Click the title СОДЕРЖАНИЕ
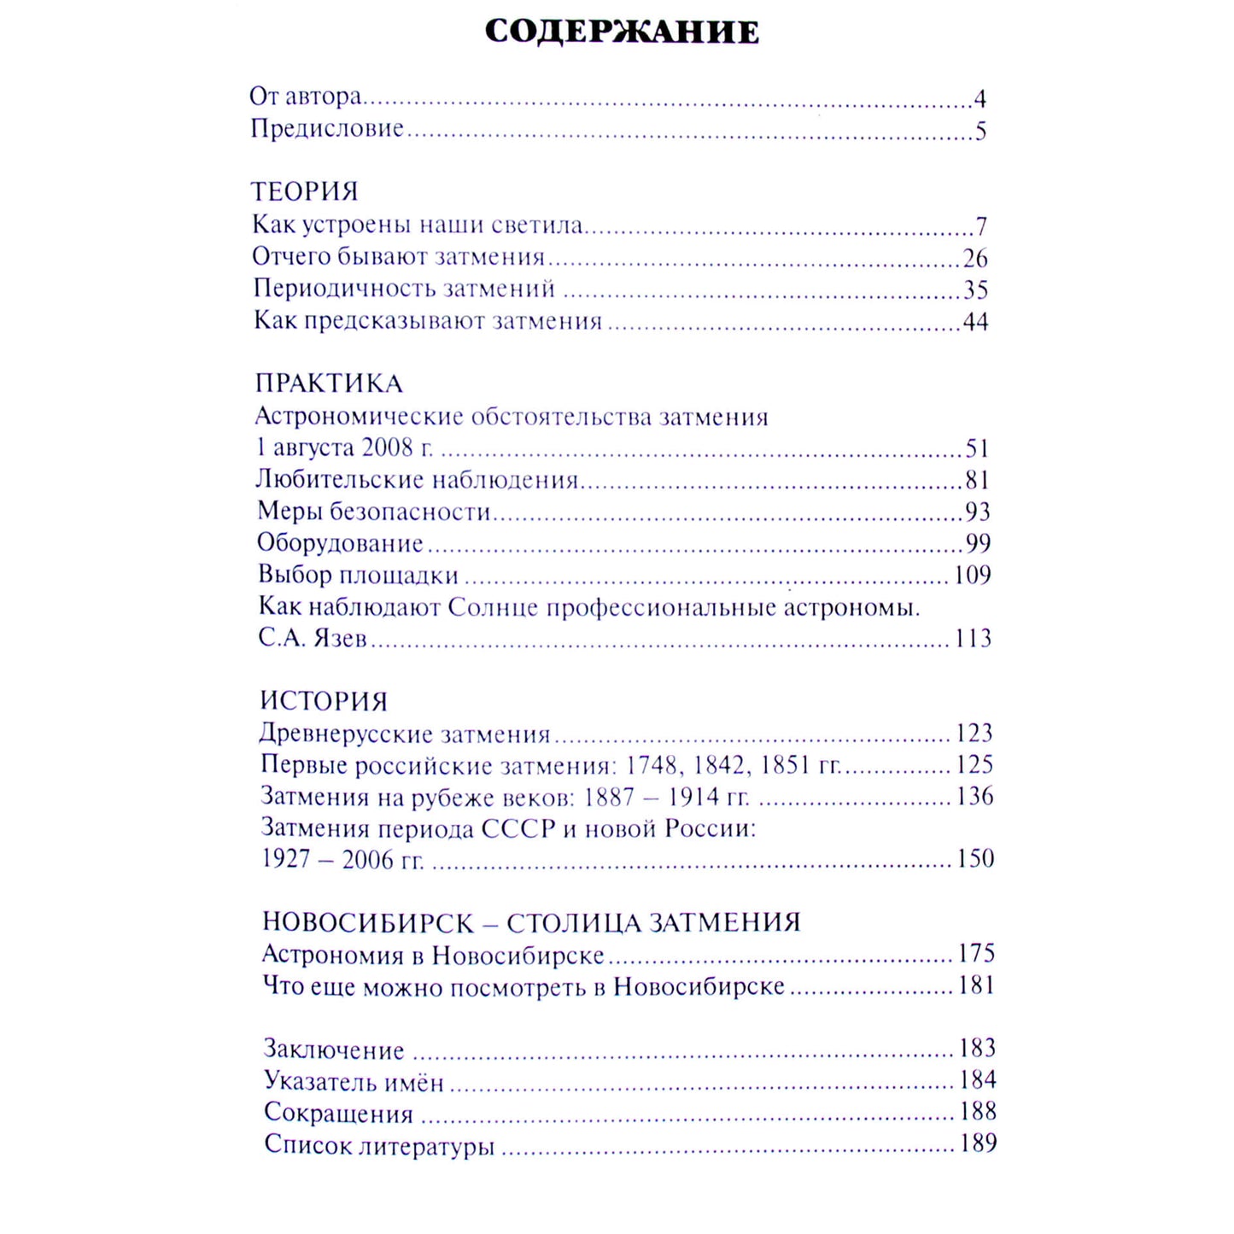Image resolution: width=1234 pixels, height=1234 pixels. pyautogui.click(x=622, y=32)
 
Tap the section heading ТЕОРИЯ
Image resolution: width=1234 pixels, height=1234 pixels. pyautogui.click(x=305, y=191)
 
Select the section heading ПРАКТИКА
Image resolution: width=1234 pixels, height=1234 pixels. pyautogui.click(x=329, y=383)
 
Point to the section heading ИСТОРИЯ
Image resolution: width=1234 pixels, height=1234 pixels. pyautogui.click(x=324, y=701)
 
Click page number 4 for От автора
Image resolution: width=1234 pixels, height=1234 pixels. pyautogui.click(x=980, y=99)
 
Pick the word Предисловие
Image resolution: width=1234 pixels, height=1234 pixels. pyautogui.click(x=327, y=129)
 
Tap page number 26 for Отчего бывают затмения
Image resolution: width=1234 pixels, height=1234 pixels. pyautogui.click(x=974, y=258)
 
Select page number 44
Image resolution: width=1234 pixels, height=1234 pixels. pyautogui.click(x=975, y=322)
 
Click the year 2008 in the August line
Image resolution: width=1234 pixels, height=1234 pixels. pyautogui.click(x=387, y=447)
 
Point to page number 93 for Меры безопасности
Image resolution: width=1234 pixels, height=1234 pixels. pyautogui.click(x=977, y=512)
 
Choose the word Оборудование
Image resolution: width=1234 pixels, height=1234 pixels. pyautogui.click(x=341, y=543)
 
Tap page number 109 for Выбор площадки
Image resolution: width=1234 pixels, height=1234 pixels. pyautogui.click(x=972, y=575)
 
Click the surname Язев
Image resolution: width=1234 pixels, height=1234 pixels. pyautogui.click(x=337, y=639)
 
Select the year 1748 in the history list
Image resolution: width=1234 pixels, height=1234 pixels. pyautogui.click(x=653, y=764)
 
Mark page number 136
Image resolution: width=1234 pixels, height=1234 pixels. pyautogui.click(x=974, y=796)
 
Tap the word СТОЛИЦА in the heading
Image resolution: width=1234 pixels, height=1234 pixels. pyautogui.click(x=573, y=923)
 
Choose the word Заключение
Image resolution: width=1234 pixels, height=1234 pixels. pyautogui.click(x=334, y=1050)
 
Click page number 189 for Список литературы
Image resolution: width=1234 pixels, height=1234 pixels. pyautogui.click(x=978, y=1143)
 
